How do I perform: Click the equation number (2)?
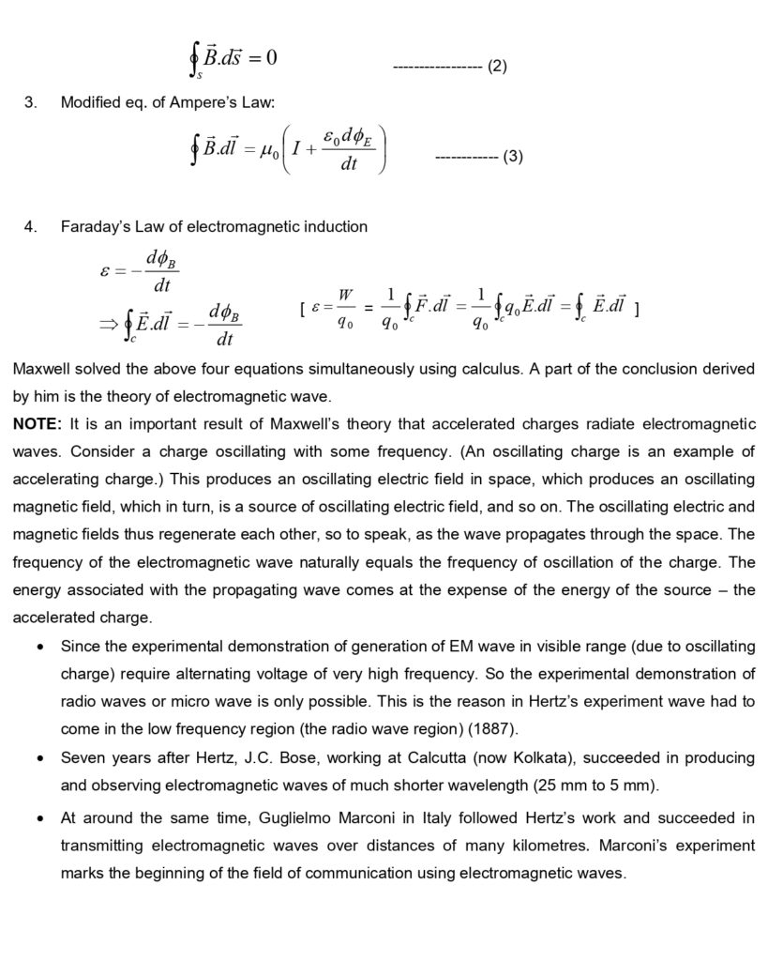497,67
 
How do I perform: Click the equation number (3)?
512,157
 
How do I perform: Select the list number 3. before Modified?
31,102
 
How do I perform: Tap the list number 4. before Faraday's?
31,226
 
